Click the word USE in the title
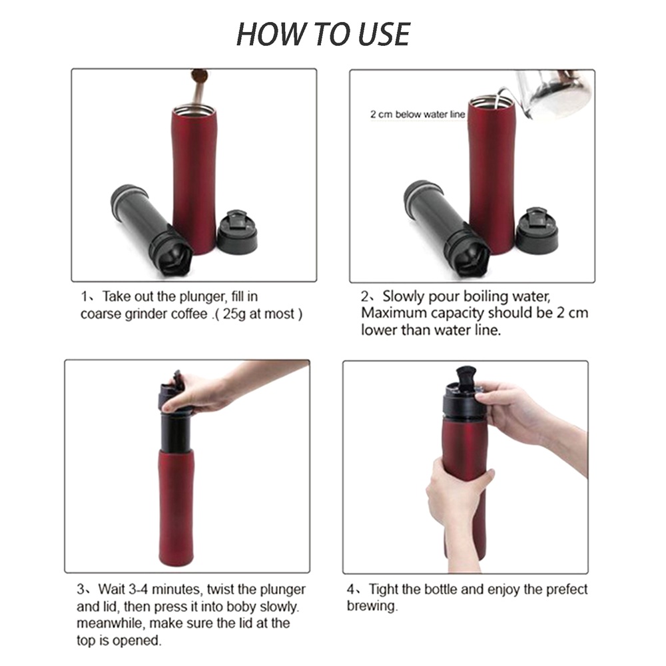(384, 34)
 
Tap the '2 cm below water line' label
(418, 115)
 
